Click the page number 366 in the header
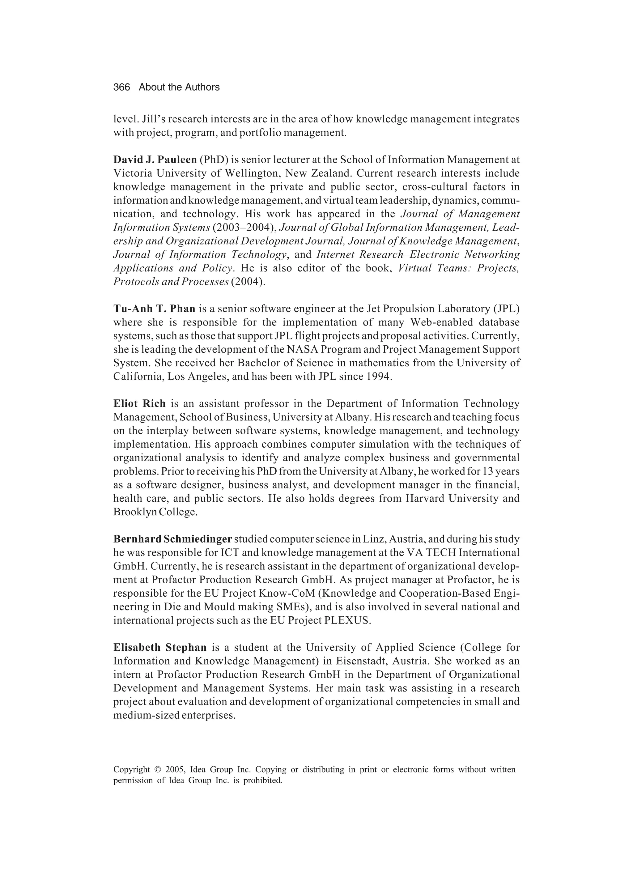[121, 87]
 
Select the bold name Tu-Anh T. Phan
[154, 309]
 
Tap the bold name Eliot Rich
[139, 404]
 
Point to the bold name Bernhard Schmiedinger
[172, 539]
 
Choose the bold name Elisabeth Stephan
[160, 647]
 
